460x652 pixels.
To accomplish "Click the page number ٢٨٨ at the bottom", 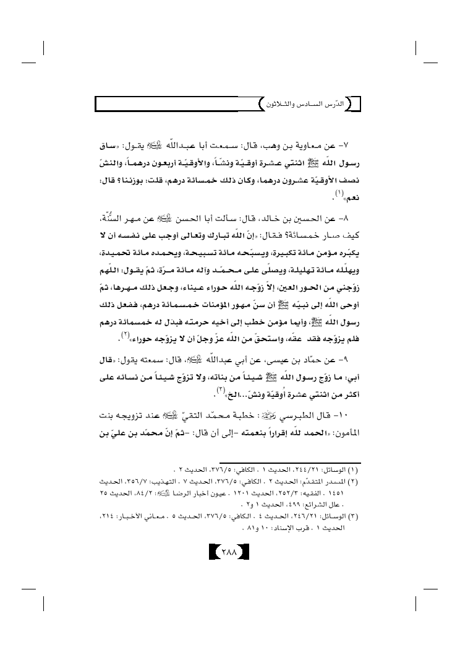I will point(229,551).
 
